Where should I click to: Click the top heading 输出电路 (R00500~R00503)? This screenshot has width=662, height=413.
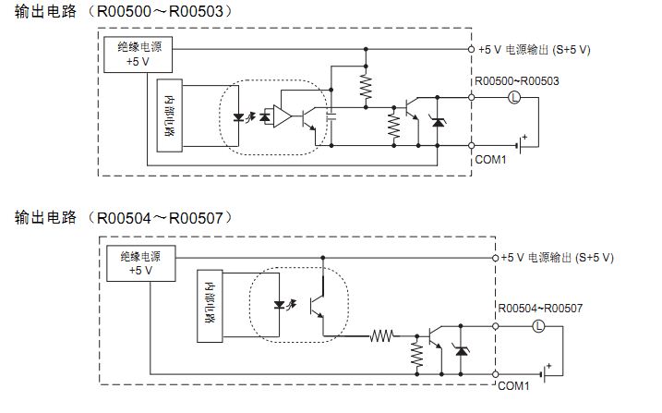click(x=124, y=12)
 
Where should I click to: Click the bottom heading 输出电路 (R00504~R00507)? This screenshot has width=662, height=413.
click(x=124, y=218)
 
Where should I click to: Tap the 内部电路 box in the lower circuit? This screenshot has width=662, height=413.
click(x=210, y=304)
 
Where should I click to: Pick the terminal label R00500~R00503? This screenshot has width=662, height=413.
click(x=517, y=80)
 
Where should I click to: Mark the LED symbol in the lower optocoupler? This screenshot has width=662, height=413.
click(x=281, y=304)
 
